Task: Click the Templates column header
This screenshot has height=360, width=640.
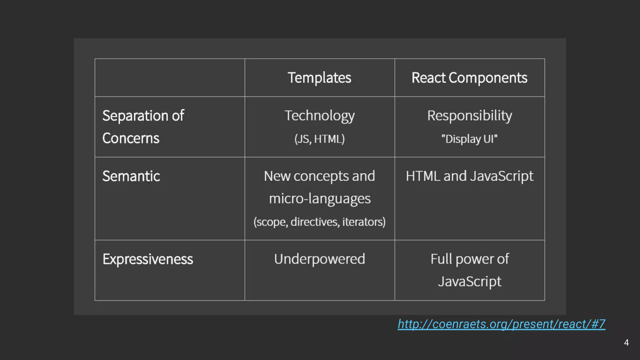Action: [319, 78]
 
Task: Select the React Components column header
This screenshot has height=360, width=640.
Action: [469, 78]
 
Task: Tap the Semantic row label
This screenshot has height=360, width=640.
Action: [131, 176]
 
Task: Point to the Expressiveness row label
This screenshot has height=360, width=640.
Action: [148, 259]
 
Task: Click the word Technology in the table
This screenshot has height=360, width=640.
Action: [319, 116]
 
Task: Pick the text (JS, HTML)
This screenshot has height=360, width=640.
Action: [319, 139]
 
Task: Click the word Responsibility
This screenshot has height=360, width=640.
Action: [469, 116]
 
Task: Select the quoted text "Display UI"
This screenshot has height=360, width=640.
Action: [469, 139]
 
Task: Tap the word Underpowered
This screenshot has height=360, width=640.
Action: [319, 259]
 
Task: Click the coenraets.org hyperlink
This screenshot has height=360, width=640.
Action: [501, 324]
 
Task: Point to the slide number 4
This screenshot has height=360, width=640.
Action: [626, 343]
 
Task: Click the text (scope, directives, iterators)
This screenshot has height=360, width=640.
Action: [319, 222]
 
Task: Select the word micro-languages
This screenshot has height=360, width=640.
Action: [320, 199]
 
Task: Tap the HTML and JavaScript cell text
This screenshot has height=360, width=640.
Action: [469, 176]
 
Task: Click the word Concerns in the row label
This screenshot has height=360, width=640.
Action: [131, 138]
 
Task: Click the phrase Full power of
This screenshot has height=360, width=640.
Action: [469, 259]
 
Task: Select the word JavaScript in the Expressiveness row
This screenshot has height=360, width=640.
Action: [469, 281]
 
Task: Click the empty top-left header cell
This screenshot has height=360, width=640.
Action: [170, 77]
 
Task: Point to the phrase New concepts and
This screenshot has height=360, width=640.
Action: [319, 176]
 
